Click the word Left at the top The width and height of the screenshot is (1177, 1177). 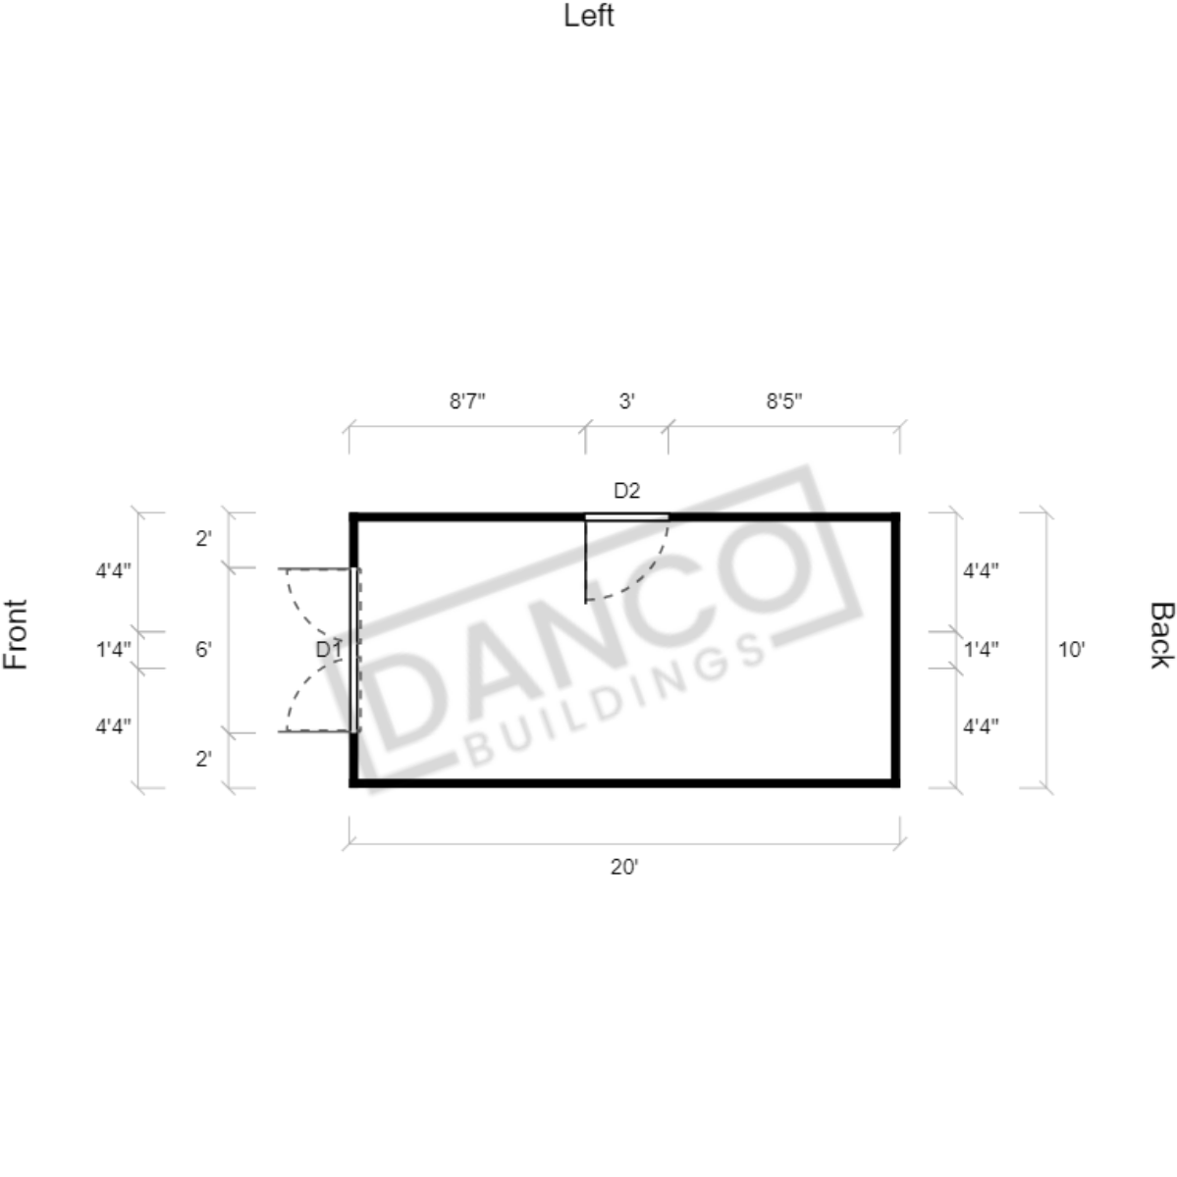pyautogui.click(x=589, y=16)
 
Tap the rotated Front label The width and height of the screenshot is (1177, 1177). pyautogui.click(x=16, y=634)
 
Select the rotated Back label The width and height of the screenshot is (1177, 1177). pyautogui.click(x=1161, y=635)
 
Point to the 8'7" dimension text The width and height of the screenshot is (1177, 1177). pyautogui.click(x=467, y=401)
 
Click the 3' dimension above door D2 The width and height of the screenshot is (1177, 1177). pyautogui.click(x=626, y=401)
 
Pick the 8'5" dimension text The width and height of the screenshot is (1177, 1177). pyautogui.click(x=783, y=401)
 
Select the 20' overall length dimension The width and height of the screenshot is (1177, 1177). pyautogui.click(x=623, y=867)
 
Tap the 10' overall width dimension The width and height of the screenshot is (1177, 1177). pyautogui.click(x=1071, y=649)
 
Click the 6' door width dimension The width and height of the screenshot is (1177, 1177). pyautogui.click(x=203, y=649)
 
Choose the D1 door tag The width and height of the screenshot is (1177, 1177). pyautogui.click(x=329, y=649)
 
